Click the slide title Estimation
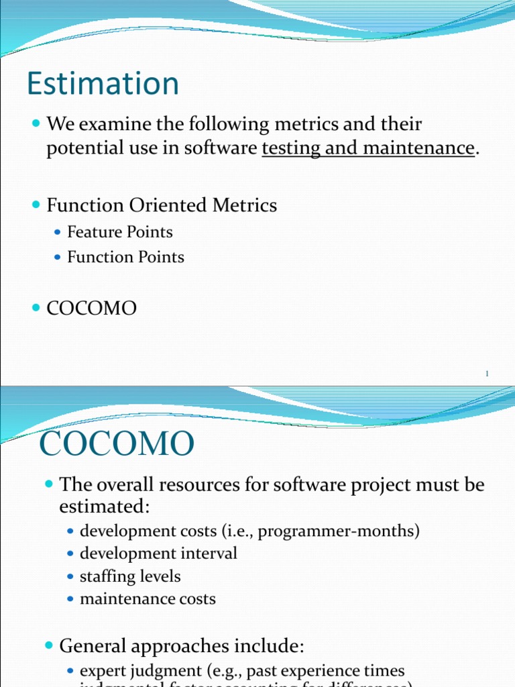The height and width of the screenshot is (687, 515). tap(103, 85)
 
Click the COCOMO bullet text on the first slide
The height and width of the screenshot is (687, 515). tap(91, 309)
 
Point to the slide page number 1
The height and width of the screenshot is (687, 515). tap(488, 374)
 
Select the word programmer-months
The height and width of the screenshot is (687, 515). tap(338, 531)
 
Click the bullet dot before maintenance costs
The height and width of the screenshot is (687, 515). tap(71, 599)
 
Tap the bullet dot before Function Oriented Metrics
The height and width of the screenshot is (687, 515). tap(36, 205)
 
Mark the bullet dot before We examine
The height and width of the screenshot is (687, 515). tap(36, 125)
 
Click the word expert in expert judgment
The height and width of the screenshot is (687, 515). tap(103, 672)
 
